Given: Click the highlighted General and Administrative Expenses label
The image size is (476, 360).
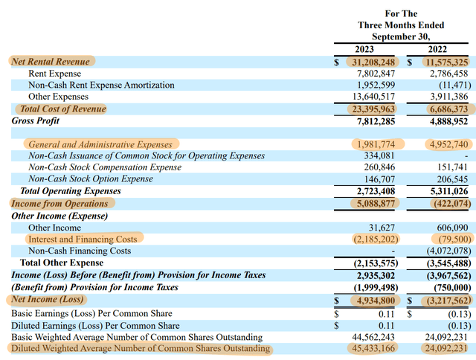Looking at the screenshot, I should pyautogui.click(x=100, y=144).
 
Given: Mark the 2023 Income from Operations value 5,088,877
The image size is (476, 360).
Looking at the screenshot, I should pyautogui.click(x=378, y=203).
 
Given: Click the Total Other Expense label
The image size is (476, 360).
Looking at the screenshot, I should pyautogui.click(x=62, y=263).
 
